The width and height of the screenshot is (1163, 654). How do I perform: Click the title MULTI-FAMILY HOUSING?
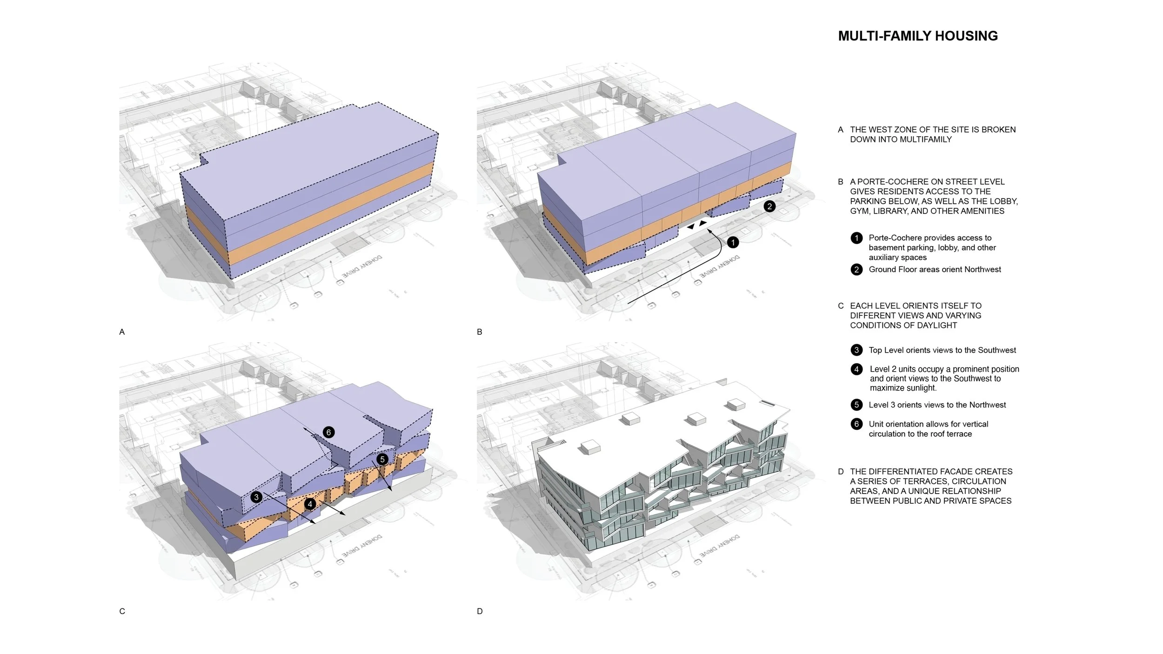917,36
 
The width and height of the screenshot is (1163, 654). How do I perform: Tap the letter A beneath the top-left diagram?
122,332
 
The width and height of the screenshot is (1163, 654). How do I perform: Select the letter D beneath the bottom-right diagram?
480,611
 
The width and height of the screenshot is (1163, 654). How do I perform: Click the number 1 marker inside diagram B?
733,242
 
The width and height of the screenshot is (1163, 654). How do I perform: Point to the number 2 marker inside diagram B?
769,206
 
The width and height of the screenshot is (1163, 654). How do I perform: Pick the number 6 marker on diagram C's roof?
328,432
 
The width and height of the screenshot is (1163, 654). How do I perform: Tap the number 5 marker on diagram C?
382,460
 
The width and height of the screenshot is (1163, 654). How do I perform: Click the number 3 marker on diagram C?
256,497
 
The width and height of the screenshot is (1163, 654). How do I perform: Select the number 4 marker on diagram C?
310,504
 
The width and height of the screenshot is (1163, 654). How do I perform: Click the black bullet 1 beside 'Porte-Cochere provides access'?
856,238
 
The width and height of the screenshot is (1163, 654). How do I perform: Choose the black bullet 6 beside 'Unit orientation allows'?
856,424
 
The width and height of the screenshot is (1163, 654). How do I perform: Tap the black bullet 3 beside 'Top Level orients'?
856,350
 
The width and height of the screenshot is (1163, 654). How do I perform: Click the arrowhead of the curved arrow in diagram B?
710,230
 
